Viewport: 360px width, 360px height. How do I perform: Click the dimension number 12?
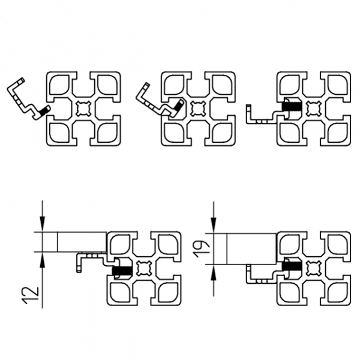click(x=29, y=295)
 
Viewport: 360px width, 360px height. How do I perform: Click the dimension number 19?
click(x=201, y=249)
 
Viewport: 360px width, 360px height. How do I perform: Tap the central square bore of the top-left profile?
click(x=83, y=109)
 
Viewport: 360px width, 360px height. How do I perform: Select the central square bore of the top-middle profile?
click(x=198, y=109)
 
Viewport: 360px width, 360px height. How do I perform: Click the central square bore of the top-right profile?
click(x=314, y=109)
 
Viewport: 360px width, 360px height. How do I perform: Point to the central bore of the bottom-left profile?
click(x=144, y=268)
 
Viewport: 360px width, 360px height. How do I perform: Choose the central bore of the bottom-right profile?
click(x=314, y=268)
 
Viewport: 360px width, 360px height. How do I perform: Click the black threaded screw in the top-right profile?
click(x=292, y=107)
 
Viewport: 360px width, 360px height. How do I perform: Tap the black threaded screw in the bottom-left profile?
click(x=122, y=271)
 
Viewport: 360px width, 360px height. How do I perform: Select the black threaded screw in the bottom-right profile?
click(x=291, y=266)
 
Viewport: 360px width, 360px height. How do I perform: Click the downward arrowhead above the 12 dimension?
click(x=43, y=223)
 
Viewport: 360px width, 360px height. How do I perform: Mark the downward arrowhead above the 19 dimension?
click(x=214, y=225)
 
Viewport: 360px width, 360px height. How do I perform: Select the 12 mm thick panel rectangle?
click(x=82, y=242)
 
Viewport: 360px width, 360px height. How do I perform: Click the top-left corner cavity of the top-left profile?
click(x=59, y=85)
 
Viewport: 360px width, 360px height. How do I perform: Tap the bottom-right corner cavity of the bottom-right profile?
click(x=337, y=293)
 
